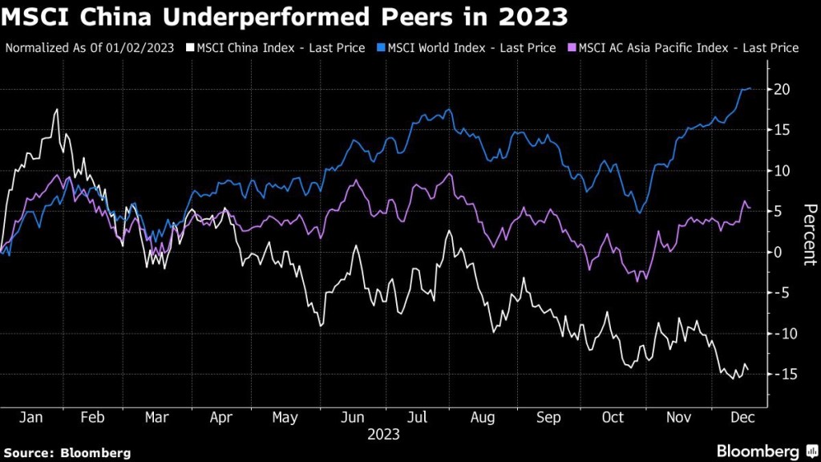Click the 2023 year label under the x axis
(383, 435)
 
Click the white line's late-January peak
(57, 110)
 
